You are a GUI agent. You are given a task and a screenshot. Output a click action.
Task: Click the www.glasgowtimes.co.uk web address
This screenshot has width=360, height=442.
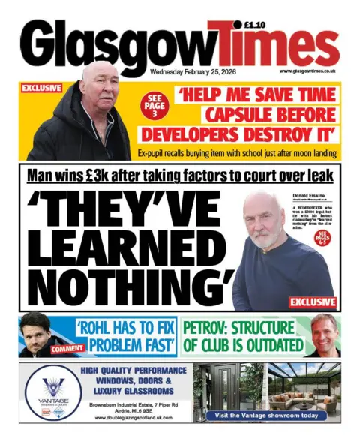pos(307,71)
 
